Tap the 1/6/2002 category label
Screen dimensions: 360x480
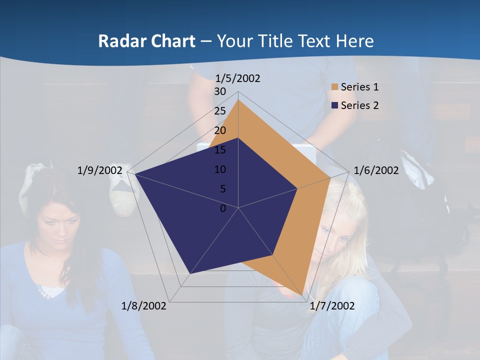click(x=376, y=170)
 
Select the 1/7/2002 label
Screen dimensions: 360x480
click(x=332, y=306)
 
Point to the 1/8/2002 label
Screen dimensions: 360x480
click(x=144, y=306)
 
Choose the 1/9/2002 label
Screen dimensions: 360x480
click(x=99, y=170)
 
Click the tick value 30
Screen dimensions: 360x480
click(x=220, y=91)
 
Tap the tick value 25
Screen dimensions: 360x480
click(x=220, y=111)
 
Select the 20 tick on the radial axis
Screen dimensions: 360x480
click(x=220, y=130)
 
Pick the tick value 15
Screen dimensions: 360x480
click(x=220, y=150)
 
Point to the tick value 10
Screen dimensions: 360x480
click(x=220, y=169)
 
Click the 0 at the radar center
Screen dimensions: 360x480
click(x=223, y=208)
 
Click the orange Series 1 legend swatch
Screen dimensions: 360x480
click(x=334, y=87)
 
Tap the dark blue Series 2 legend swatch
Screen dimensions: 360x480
click(x=334, y=105)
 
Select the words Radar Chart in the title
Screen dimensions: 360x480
click(x=146, y=41)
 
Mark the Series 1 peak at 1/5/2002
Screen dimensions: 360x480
click(x=238, y=100)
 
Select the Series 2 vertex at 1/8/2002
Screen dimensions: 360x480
click(x=189, y=274)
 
